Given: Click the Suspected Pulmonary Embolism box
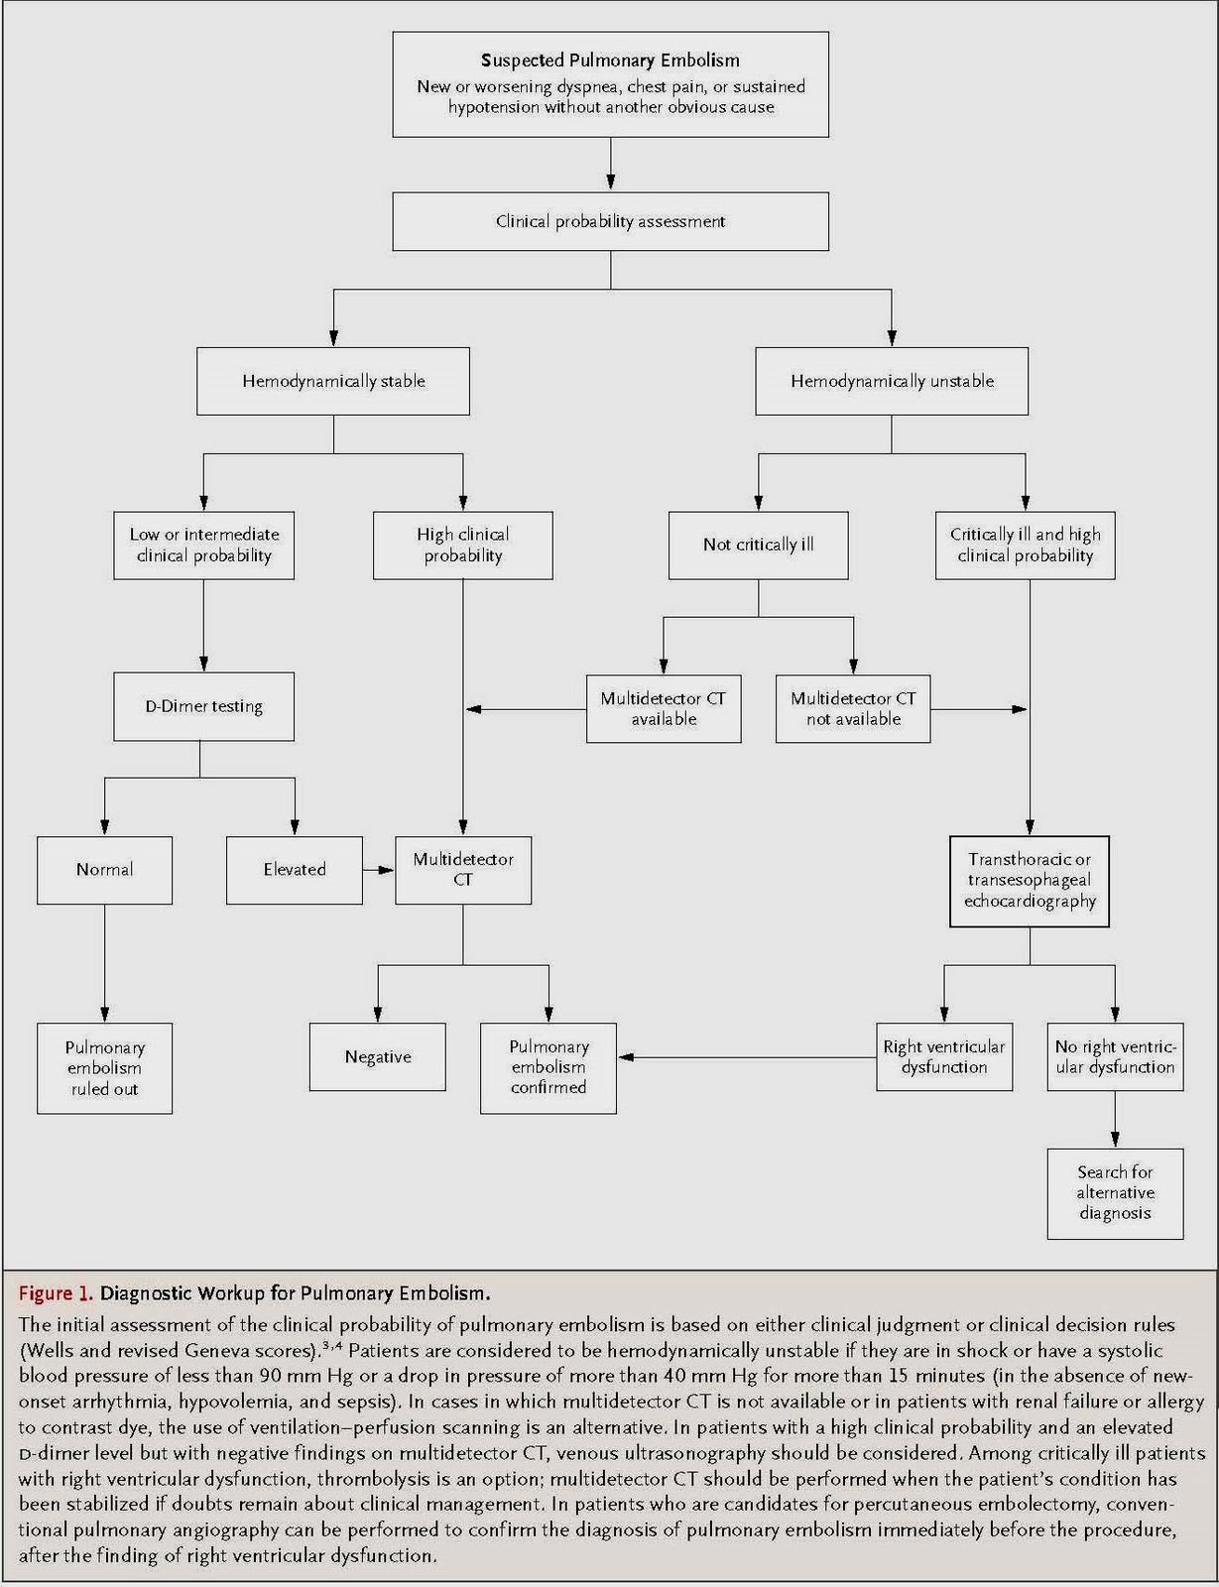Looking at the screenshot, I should tap(610, 84).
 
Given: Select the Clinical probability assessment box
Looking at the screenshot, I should tap(610, 221).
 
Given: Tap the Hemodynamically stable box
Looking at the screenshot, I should tap(333, 381).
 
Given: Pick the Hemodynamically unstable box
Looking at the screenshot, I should tap(892, 381).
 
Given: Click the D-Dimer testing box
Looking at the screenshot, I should tap(203, 706).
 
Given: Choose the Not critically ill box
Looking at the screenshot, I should tap(758, 545).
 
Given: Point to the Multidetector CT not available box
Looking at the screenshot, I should tap(853, 709).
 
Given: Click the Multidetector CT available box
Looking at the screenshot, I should tap(664, 709).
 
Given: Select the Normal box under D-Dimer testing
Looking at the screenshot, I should tap(104, 870).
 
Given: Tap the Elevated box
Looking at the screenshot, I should tap(295, 870).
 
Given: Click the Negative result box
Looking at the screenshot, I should tap(378, 1057).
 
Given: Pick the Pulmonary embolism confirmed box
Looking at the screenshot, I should tap(549, 1067).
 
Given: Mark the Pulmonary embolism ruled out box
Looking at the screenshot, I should tap(104, 1068).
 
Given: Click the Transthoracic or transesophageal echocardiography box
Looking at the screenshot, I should tap(1030, 881).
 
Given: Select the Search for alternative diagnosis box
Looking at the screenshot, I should tap(1115, 1193).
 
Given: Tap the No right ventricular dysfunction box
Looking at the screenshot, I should tap(1115, 1057).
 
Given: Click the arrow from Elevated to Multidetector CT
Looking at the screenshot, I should tap(379, 870).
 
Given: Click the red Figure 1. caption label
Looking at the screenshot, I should tap(56, 1293).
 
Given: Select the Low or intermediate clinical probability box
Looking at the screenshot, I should tap(203, 545).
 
